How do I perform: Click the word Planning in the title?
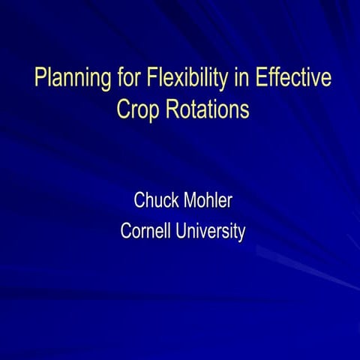(73, 78)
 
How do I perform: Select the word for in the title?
(128, 76)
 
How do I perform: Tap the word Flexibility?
(187, 78)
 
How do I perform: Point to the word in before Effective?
(241, 76)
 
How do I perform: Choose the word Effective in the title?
(293, 76)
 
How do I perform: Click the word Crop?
(138, 110)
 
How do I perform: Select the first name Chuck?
(156, 200)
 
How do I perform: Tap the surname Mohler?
(208, 200)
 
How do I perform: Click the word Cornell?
(145, 230)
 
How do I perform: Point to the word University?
(211, 232)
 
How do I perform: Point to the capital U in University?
(181, 230)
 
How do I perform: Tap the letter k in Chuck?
(175, 200)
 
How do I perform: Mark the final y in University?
(242, 234)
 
